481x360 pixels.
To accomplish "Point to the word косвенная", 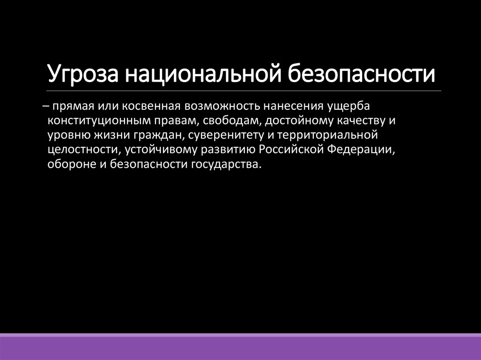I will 147,105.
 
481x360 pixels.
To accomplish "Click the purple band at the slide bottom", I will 240,347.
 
